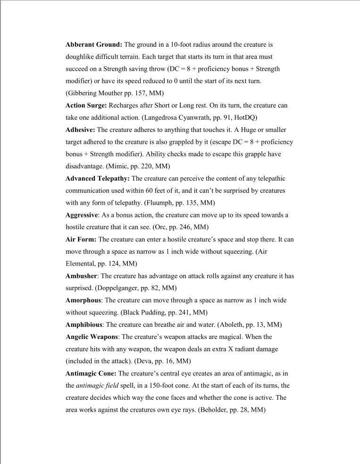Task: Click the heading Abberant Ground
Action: (94, 45)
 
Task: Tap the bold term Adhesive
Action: (80, 130)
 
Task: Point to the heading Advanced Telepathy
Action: (98, 179)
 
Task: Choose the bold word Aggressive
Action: (82, 215)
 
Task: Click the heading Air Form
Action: (81, 240)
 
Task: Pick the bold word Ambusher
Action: (81, 276)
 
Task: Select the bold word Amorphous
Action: (83, 300)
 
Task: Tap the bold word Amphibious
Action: (84, 325)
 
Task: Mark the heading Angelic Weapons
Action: (92, 337)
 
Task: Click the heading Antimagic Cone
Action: (91, 373)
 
